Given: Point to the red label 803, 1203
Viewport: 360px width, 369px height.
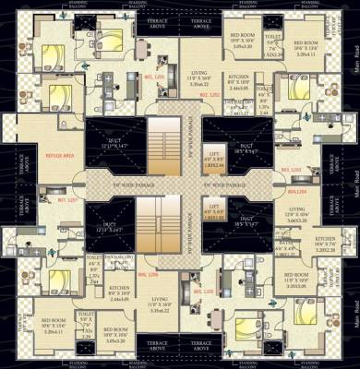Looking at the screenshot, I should click(290, 171).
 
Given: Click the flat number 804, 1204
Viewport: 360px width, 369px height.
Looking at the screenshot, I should click(297, 193).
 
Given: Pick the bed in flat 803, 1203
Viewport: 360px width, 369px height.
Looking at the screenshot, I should click(294, 92).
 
